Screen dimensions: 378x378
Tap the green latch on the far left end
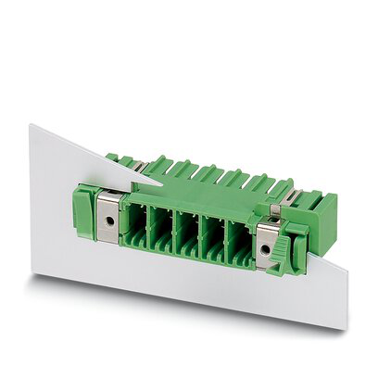pyautogui.click(x=83, y=211)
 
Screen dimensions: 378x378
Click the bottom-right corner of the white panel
pyautogui.click(x=347, y=330)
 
